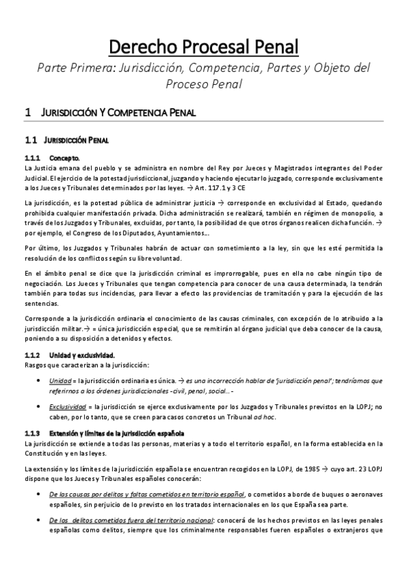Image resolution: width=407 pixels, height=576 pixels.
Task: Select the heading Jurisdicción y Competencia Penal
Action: tap(118, 112)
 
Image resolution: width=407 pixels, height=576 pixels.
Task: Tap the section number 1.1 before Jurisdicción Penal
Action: tap(30, 141)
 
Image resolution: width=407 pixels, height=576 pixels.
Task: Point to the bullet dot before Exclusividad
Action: tap(44, 406)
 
